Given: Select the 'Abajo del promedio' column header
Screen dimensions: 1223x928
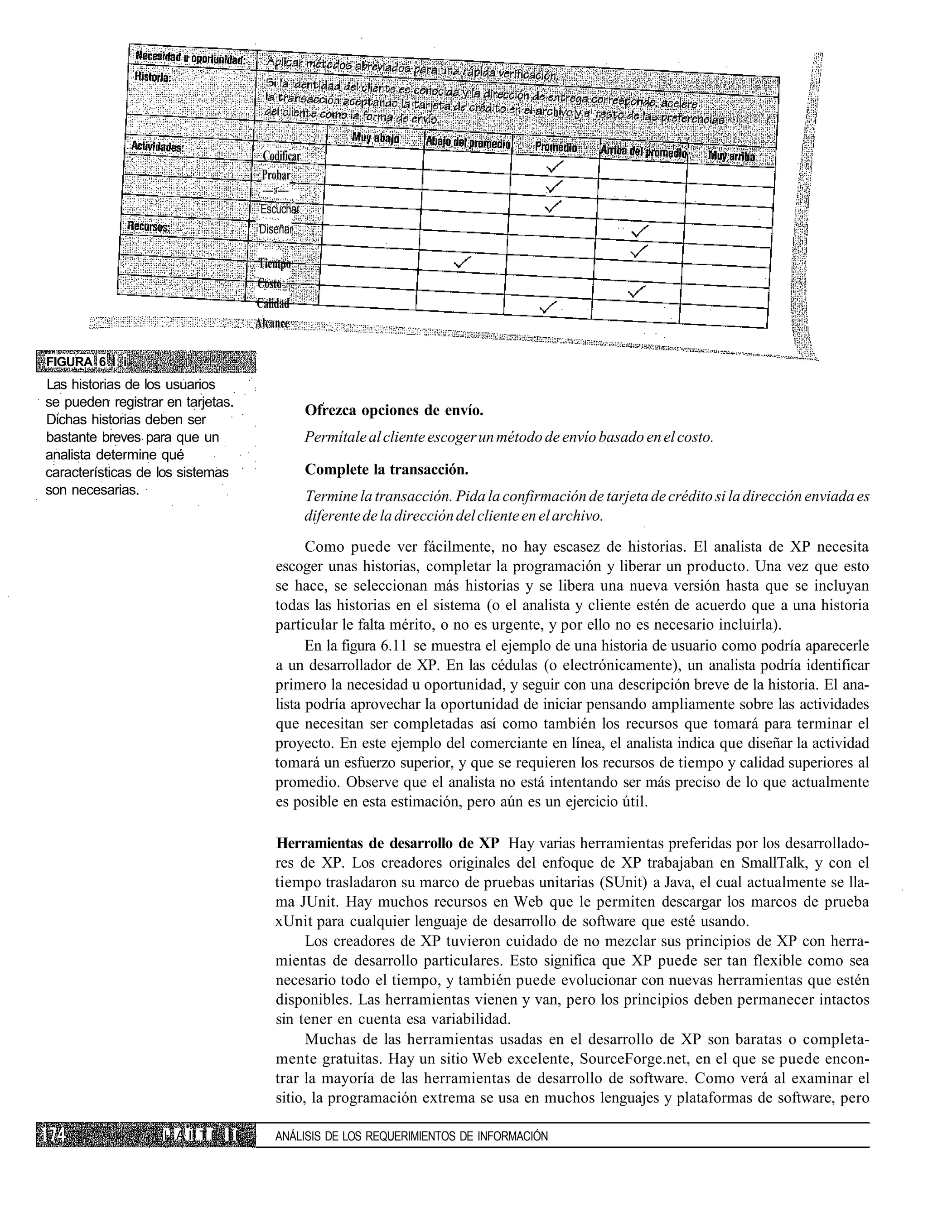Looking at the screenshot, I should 468,143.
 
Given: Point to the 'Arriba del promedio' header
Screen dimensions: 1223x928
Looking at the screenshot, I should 643,152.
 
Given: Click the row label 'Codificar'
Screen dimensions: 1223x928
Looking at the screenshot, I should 281,156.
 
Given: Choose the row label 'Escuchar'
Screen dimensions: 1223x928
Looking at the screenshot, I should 280,209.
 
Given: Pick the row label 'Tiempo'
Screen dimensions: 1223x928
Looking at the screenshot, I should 275,264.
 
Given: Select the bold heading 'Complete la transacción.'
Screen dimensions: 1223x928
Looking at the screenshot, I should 387,470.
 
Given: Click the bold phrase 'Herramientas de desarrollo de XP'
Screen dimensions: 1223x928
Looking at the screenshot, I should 387,843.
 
